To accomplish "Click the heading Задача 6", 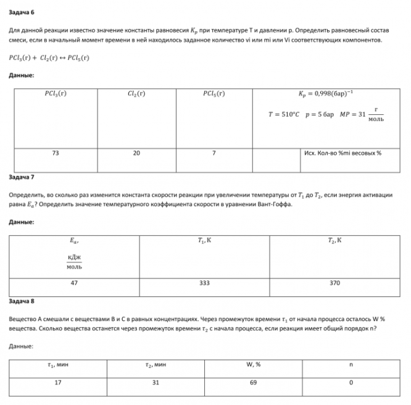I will [x=22, y=10].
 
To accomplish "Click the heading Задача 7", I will [x=22, y=177].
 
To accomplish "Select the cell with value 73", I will [x=56, y=153].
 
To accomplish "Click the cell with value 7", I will [x=213, y=153].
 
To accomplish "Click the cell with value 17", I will [x=58, y=382].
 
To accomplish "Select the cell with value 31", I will [x=155, y=382].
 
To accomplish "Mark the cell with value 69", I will [x=253, y=382].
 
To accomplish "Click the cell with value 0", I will [x=351, y=382].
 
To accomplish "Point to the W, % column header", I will [x=253, y=364].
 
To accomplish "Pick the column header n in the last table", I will [x=351, y=364].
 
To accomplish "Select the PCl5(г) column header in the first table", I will [x=213, y=94].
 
